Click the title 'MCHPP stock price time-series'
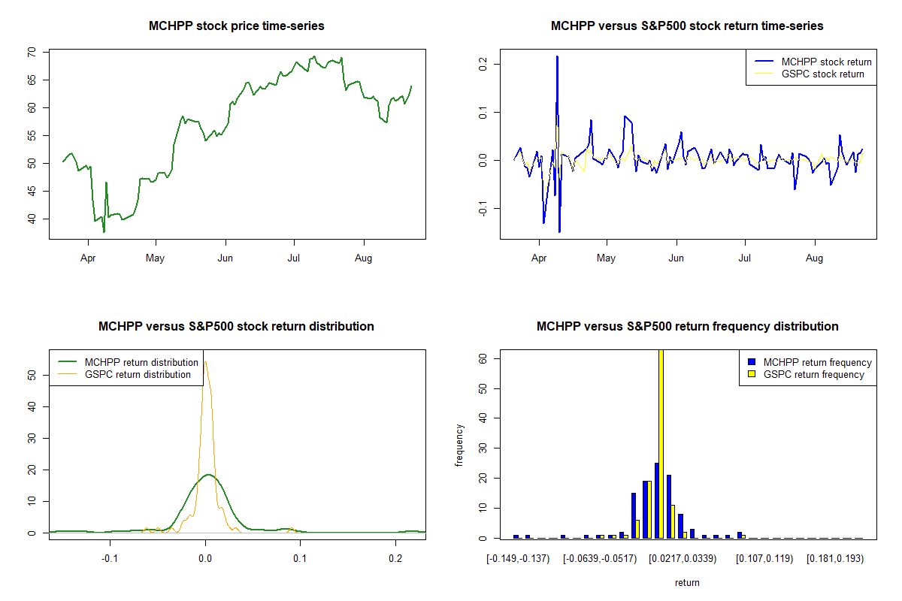pyautogui.click(x=237, y=26)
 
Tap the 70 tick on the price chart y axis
pyautogui.click(x=32, y=52)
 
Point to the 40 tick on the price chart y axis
pyautogui.click(x=32, y=219)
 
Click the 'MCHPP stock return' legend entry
pyautogui.click(x=826, y=62)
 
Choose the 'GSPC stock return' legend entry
pyautogui.click(x=822, y=74)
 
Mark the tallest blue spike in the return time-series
pyautogui.click(x=557, y=57)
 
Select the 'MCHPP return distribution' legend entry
pyautogui.click(x=141, y=362)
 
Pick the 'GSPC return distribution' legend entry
pyautogui.click(x=138, y=374)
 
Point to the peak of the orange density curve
pyautogui.click(x=205, y=362)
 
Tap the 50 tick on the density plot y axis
pyautogui.click(x=32, y=374)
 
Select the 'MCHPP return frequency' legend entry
pyautogui.click(x=817, y=362)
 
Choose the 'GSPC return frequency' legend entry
pyautogui.click(x=813, y=374)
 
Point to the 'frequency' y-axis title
pyautogui.click(x=459, y=445)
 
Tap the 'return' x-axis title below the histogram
pyautogui.click(x=687, y=582)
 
